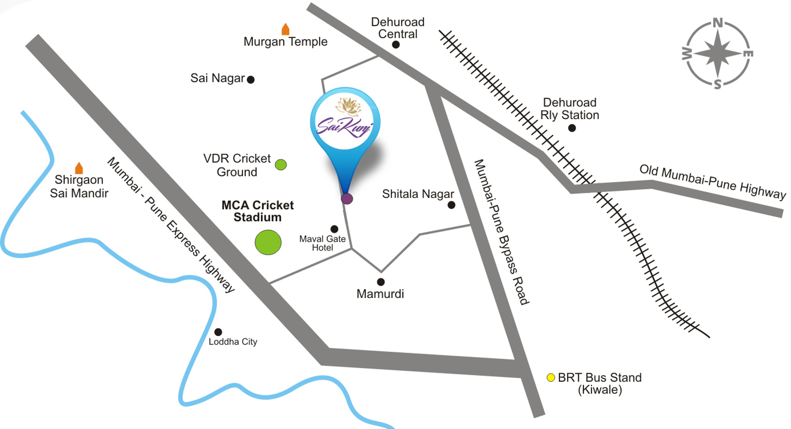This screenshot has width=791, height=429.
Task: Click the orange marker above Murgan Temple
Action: pos(285,29)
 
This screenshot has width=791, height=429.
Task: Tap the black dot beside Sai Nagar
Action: pos(251,80)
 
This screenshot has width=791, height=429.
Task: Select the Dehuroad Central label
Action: pos(397,28)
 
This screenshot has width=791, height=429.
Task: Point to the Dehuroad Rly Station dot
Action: pos(572,128)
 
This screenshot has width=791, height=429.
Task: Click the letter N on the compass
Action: pos(718,23)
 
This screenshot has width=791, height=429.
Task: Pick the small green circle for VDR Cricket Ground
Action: pos(281,165)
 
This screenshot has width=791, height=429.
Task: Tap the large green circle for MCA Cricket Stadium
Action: pos(268,242)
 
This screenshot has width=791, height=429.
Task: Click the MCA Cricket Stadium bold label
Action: pos(258,211)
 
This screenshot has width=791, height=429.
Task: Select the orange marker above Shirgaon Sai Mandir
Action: pos(79,168)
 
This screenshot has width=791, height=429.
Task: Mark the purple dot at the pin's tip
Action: pos(347,199)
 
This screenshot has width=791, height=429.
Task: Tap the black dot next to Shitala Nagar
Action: pos(451,205)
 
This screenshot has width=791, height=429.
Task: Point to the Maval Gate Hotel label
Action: pos(322,243)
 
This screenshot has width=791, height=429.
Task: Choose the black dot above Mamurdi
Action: pos(381,282)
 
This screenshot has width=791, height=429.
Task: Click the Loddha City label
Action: pos(233,342)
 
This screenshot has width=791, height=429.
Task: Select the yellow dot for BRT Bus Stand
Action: pos(551,378)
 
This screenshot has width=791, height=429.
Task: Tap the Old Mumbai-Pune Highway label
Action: pos(712,182)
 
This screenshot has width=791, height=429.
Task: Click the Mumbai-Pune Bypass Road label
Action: pos(501,232)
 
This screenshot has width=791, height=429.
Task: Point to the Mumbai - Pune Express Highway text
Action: pos(171,225)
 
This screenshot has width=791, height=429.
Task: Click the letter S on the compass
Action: pos(718,85)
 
